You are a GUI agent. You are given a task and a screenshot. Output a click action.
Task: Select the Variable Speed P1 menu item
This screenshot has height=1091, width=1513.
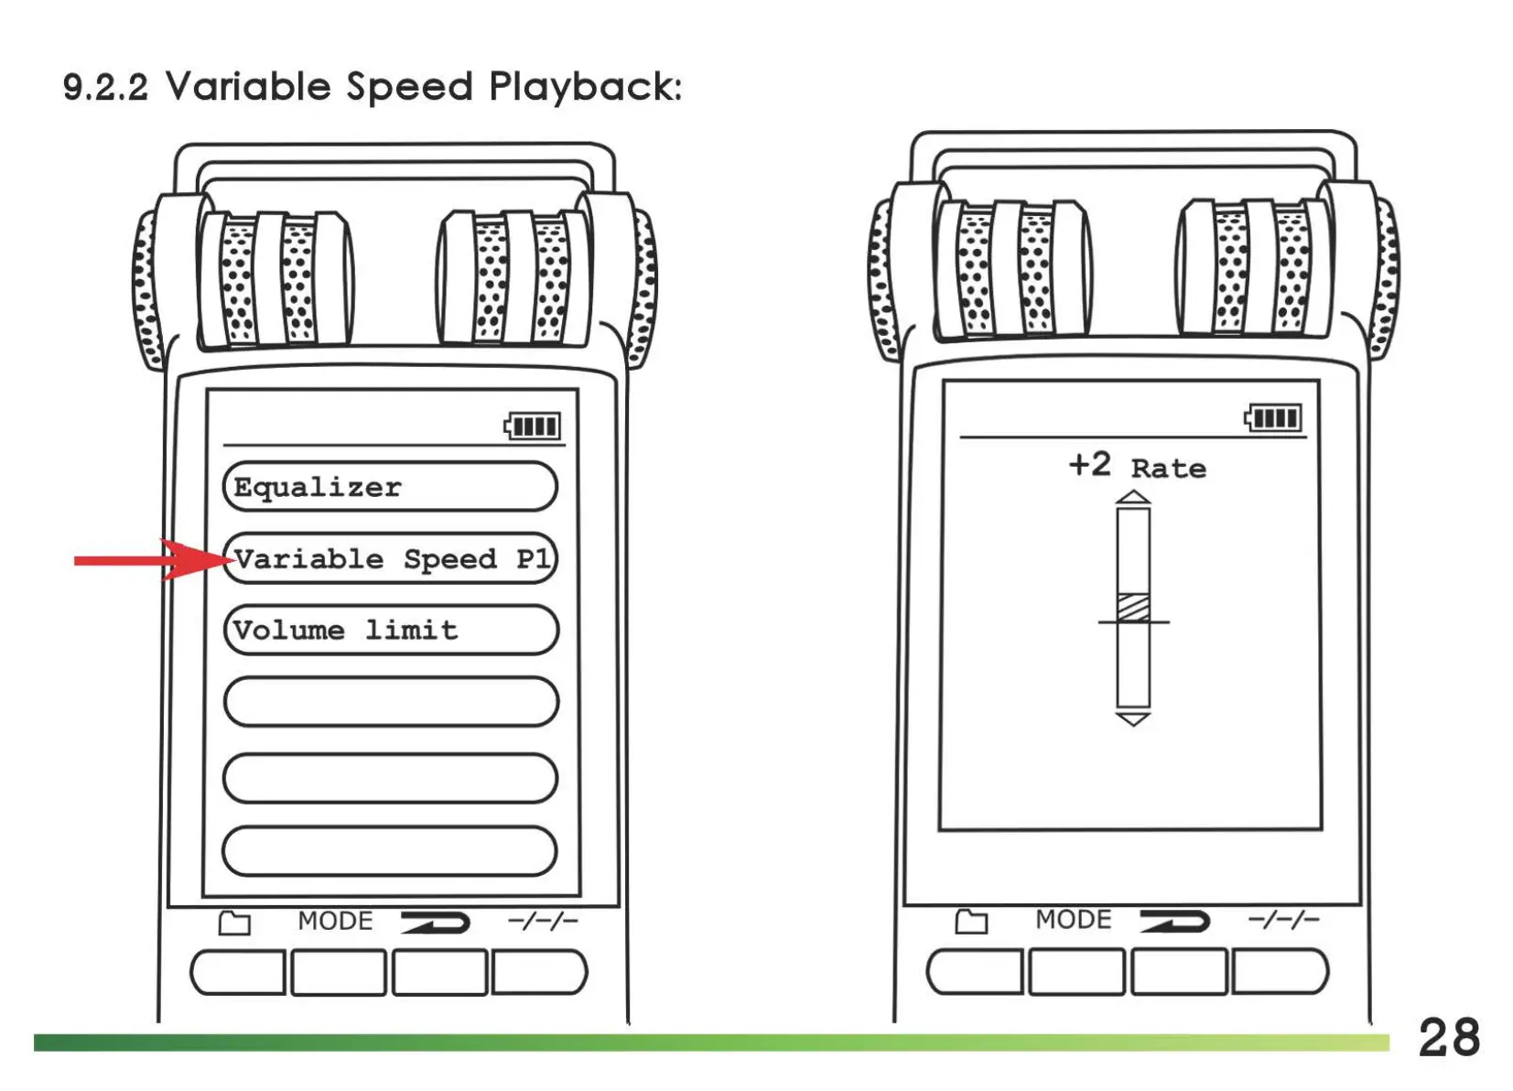tap(390, 558)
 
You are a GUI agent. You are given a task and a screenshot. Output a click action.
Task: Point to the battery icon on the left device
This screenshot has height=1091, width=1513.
tap(533, 427)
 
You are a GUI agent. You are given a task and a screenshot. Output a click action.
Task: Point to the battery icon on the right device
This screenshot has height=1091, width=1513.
tap(1273, 418)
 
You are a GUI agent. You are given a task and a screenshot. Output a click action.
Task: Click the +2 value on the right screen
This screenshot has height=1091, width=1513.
tap(1089, 465)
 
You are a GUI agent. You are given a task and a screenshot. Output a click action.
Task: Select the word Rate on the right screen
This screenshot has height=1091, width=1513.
tap(1168, 469)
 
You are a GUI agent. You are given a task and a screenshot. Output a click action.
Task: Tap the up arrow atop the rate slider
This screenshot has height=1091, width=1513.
tap(1133, 497)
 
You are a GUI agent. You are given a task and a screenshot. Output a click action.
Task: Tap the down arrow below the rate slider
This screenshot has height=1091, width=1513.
tap(1133, 718)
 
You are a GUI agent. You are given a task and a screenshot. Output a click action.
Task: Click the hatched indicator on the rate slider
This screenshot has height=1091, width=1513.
tap(1133, 607)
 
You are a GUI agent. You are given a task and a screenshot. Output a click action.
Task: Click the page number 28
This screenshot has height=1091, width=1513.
tap(1449, 1038)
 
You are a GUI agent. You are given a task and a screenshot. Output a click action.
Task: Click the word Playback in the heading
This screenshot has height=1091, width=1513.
tap(585, 87)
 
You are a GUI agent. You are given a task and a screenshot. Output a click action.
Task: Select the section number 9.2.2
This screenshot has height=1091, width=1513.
tap(105, 88)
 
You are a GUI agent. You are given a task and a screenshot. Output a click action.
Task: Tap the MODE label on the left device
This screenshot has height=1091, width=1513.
tap(335, 921)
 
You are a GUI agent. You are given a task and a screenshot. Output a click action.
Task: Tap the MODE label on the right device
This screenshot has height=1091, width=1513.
tap(1073, 919)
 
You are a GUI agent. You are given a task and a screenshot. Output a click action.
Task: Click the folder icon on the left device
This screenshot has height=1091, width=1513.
tap(234, 923)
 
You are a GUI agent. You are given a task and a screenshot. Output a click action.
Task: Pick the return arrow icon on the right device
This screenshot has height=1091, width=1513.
tap(1174, 921)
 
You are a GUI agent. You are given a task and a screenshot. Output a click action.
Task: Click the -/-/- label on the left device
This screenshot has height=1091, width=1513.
tap(543, 921)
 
